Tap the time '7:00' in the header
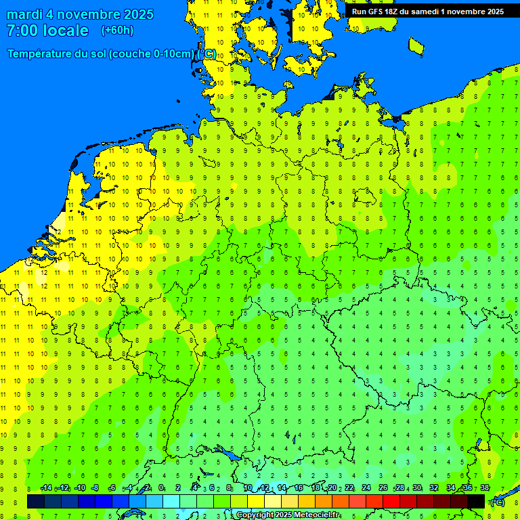(x=22, y=30)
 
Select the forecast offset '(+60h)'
(x=117, y=30)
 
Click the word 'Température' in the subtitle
(x=41, y=54)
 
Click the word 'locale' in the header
(x=66, y=30)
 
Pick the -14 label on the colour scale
(x=45, y=488)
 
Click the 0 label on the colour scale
(x=161, y=488)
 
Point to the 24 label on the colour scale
(x=366, y=488)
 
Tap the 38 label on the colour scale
(x=485, y=488)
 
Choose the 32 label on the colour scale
(x=434, y=488)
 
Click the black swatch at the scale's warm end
(x=476, y=501)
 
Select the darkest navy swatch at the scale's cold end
(x=36, y=501)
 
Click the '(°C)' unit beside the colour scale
(x=497, y=502)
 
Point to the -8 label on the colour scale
(x=95, y=488)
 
